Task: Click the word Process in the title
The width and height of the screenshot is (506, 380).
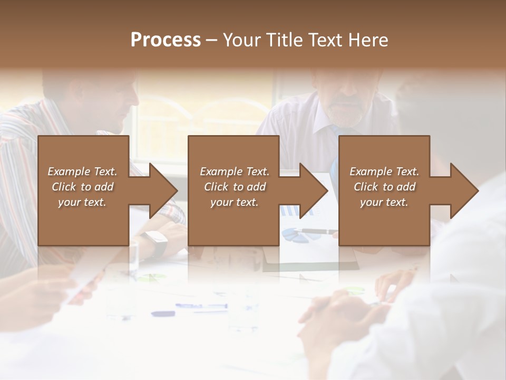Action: coord(166,40)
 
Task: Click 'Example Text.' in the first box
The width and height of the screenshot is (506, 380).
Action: coord(82,172)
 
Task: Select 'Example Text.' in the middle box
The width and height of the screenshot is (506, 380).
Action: coord(235,172)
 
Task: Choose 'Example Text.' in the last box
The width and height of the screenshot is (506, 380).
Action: coord(384,172)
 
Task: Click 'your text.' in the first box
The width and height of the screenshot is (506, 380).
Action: coord(82,202)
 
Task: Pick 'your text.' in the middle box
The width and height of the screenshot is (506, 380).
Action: coord(235,202)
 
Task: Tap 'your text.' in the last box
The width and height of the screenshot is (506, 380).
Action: coord(384,202)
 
